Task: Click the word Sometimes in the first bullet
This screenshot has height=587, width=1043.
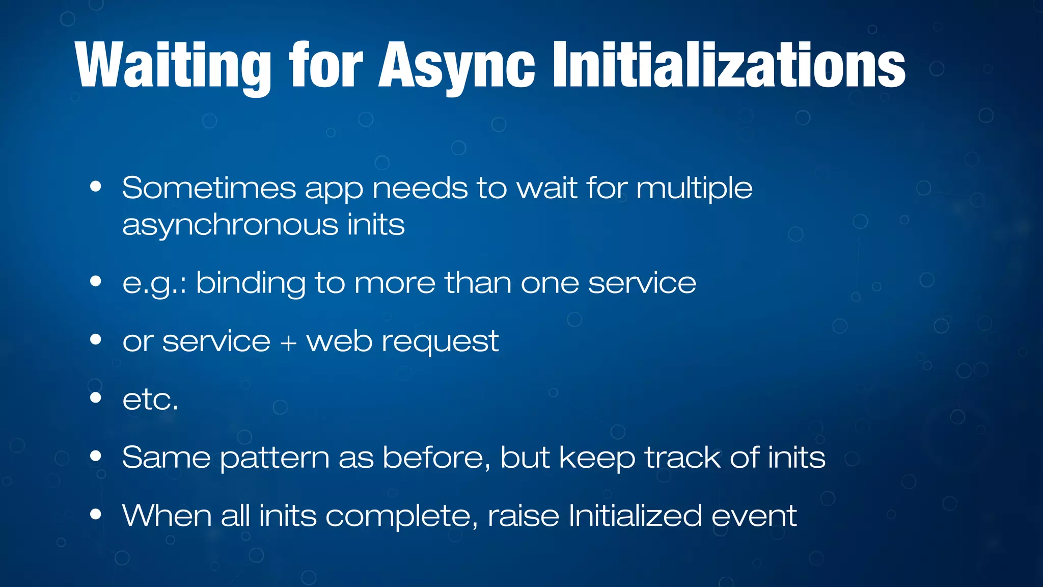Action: coord(209,189)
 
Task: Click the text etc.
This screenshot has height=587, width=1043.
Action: coord(150,399)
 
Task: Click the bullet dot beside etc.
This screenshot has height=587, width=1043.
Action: coord(95,397)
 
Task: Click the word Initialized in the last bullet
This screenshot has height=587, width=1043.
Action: coord(635,516)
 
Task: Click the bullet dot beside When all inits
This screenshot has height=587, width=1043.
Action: coord(95,514)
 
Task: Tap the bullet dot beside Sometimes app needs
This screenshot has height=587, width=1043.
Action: coord(95,186)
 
